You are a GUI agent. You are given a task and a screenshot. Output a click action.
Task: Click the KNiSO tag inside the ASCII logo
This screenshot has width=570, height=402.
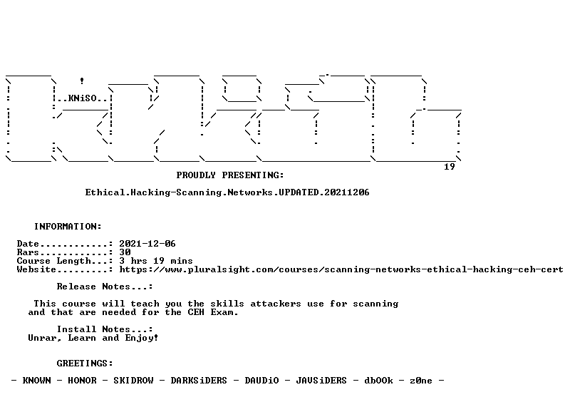tap(82, 98)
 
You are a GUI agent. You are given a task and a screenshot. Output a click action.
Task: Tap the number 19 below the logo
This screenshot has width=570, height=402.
tap(450, 167)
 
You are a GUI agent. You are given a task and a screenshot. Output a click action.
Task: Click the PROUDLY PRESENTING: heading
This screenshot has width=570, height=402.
tap(230, 175)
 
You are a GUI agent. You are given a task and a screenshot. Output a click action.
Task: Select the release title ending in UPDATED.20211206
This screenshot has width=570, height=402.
tap(227, 192)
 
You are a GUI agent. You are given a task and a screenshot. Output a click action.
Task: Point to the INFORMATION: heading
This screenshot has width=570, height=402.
tap(68, 227)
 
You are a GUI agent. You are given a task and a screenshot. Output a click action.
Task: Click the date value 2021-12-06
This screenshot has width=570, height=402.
tap(147, 244)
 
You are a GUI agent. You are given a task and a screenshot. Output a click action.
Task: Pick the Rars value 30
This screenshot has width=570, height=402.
tap(125, 252)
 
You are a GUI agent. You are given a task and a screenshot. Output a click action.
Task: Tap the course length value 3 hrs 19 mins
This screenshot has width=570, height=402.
tap(155, 261)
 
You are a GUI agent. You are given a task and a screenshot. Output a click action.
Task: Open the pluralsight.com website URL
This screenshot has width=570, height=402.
tap(341, 270)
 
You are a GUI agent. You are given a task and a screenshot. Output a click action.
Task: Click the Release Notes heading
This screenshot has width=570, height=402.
tap(105, 287)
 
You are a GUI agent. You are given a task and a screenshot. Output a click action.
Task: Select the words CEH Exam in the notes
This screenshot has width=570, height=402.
tap(212, 312)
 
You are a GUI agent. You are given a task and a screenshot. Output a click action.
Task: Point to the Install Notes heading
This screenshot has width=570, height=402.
tap(105, 329)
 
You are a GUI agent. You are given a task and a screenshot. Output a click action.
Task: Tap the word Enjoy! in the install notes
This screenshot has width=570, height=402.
tap(142, 339)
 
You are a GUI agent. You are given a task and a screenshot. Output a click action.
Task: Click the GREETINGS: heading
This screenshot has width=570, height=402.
tap(85, 364)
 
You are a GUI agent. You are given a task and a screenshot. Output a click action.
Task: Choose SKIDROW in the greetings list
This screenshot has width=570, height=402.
tap(133, 381)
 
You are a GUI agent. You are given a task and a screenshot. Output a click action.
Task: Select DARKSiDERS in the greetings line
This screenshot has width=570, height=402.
tap(199, 381)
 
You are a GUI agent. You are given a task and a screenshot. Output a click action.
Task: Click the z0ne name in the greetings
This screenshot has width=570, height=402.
tap(421, 381)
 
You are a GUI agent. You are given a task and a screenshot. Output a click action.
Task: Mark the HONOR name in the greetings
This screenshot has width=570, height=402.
tap(82, 381)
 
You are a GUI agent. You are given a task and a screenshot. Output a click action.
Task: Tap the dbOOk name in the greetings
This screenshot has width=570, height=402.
tap(378, 381)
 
